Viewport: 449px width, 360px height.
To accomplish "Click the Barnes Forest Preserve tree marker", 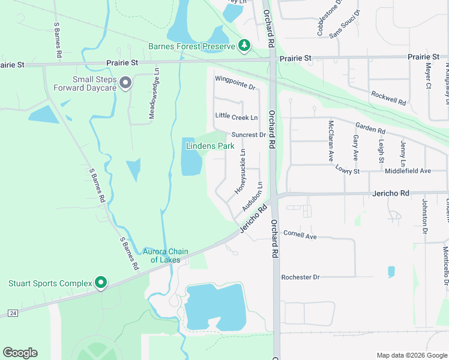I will [244, 46].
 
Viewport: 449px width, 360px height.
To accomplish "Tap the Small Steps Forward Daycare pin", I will [125, 83].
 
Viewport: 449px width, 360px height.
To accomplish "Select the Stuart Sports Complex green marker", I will [101, 283].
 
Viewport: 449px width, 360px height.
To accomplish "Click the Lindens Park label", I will [210, 146].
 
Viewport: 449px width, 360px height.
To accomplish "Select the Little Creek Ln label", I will [237, 117].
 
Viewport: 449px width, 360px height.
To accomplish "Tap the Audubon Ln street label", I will [253, 196].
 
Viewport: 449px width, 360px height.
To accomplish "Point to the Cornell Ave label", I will [300, 236].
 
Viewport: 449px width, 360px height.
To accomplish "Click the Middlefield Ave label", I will [408, 171].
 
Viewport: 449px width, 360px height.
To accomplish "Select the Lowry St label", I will [348, 171].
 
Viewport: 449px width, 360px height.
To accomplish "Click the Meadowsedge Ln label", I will [154, 92].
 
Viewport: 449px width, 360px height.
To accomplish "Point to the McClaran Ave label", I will [330, 141].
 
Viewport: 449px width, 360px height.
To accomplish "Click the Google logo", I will [20, 353].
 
